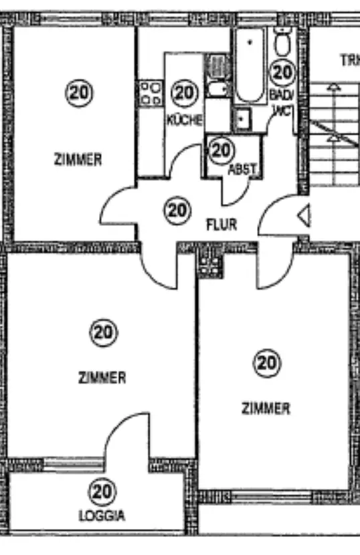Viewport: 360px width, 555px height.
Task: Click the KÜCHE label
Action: [x=184, y=120]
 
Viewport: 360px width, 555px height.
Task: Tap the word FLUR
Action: [x=221, y=225]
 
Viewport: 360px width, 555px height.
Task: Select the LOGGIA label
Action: [x=102, y=516]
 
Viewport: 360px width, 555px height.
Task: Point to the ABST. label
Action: [x=242, y=170]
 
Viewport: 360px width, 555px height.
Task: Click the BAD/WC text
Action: [x=282, y=103]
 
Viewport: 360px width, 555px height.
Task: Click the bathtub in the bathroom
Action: [x=250, y=66]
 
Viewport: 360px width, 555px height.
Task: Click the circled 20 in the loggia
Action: [x=102, y=491]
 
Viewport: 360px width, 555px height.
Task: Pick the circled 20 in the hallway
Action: [x=177, y=211]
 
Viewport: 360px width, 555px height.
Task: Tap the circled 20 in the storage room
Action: [x=221, y=150]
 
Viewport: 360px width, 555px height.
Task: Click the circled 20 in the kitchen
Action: [x=184, y=93]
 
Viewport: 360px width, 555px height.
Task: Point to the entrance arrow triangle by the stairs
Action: [x=304, y=215]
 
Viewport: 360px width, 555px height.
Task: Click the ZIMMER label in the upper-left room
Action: [x=78, y=159]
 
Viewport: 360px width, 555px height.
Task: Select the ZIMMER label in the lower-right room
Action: [x=266, y=409]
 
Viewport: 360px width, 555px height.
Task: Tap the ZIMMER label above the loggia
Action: [x=102, y=377]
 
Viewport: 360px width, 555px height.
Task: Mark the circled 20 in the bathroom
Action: [x=282, y=73]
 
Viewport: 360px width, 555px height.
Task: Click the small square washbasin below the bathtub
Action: [x=242, y=118]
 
